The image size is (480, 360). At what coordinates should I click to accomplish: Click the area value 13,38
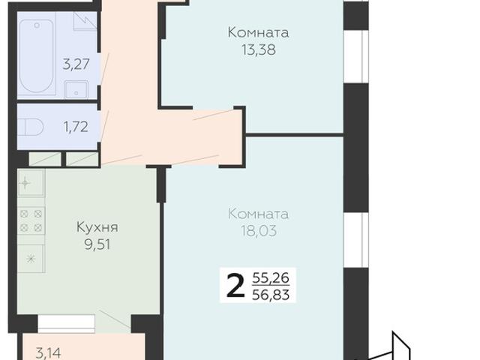coord(258,50)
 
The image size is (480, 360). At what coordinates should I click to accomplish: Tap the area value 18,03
coord(258,231)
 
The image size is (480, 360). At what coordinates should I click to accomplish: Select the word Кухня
coord(98,226)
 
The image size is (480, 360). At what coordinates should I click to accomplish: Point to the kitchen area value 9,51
coord(98,242)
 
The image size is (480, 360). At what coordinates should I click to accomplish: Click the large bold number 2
coord(235,286)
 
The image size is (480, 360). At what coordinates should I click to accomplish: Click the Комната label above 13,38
coord(258,34)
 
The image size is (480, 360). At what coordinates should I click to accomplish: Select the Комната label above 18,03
coord(258,214)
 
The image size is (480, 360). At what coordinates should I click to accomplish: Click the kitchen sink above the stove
coord(28,182)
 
